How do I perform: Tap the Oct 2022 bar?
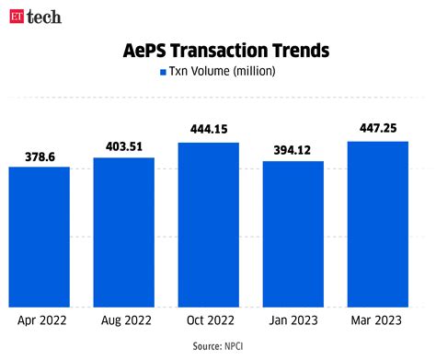pyautogui.click(x=208, y=225)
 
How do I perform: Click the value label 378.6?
pyautogui.click(x=40, y=157)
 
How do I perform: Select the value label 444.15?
pyautogui.click(x=208, y=129)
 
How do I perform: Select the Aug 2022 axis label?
pyautogui.click(x=124, y=321)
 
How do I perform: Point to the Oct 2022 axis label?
pyautogui.click(x=208, y=321)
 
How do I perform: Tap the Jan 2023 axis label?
pyautogui.click(x=293, y=321)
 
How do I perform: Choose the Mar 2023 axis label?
pyautogui.click(x=377, y=321)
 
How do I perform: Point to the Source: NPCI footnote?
pyautogui.click(x=217, y=347)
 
